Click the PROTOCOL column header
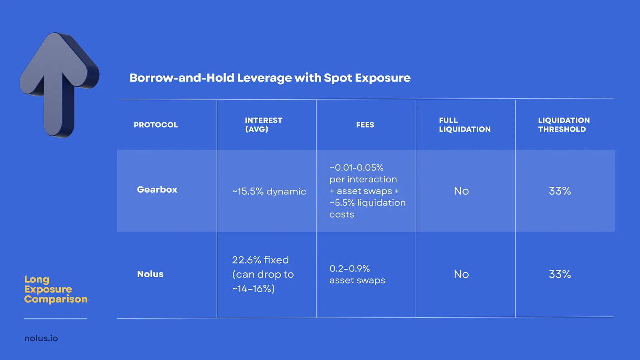(156, 125)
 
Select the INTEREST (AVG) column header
(263, 125)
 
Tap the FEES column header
(365, 125)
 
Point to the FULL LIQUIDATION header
(464, 125)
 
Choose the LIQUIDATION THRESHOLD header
(564, 125)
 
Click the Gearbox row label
(157, 190)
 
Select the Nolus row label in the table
(150, 274)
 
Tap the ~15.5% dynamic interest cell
(269, 192)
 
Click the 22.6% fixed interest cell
(263, 274)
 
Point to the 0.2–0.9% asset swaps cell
(357, 274)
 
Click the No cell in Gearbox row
(461, 191)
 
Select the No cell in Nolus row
(461, 274)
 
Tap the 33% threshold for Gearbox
(560, 191)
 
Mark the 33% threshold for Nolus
(560, 274)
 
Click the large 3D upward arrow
(58, 84)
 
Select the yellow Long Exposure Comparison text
(55, 289)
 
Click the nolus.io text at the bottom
(41, 338)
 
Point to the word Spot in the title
(338, 78)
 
